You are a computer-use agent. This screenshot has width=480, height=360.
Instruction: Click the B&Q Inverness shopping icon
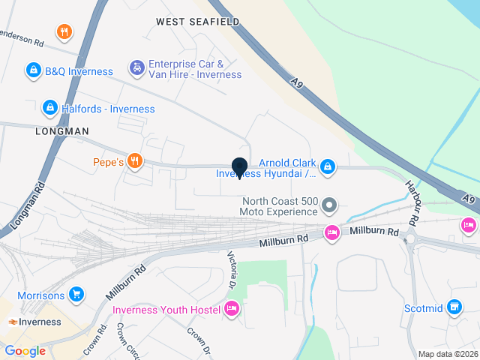click(x=34, y=71)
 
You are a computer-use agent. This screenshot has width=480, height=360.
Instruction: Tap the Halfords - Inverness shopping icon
click(x=50, y=109)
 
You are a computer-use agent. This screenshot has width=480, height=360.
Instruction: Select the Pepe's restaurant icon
click(x=135, y=160)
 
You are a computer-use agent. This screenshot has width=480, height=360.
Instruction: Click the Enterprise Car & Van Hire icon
click(x=137, y=68)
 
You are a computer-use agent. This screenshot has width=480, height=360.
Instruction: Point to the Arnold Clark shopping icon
click(x=328, y=167)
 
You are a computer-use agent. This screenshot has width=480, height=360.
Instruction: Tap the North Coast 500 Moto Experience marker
click(x=328, y=205)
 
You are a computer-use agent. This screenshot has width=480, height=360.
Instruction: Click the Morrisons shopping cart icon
click(x=76, y=295)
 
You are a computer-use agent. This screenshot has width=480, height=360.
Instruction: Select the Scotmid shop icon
click(x=454, y=307)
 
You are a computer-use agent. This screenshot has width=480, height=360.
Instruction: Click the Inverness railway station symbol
click(x=13, y=322)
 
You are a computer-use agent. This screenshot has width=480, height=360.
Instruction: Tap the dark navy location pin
click(x=240, y=168)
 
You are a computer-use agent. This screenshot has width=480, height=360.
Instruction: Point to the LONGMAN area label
click(x=62, y=130)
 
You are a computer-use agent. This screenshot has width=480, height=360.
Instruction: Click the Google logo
click(x=25, y=350)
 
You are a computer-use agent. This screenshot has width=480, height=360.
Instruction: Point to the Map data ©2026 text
click(x=447, y=354)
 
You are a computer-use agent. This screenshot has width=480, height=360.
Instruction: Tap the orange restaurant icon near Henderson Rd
click(x=64, y=31)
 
